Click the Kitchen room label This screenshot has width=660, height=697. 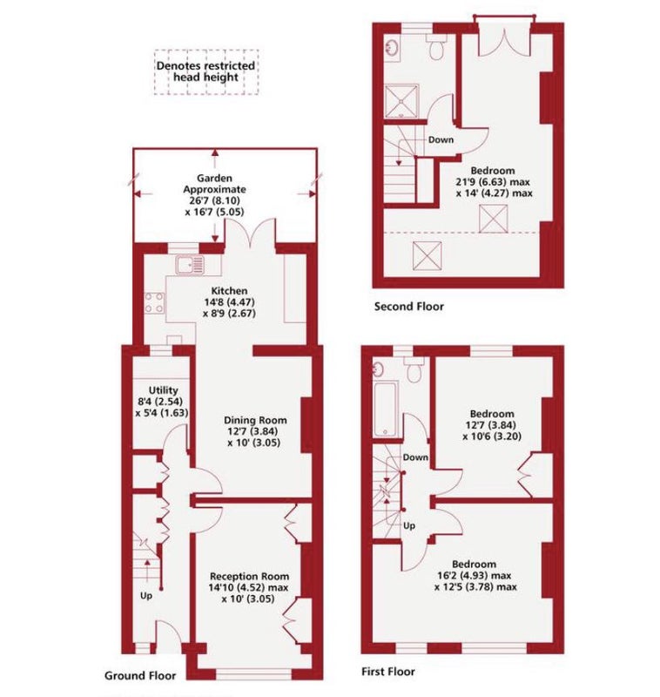click(x=229, y=291)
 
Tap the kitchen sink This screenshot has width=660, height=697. click(x=190, y=265)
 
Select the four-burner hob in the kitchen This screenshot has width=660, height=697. click(x=154, y=302)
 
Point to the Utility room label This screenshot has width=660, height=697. click(x=163, y=390)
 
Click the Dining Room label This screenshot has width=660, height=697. click(x=255, y=420)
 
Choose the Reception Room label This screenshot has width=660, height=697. click(x=249, y=576)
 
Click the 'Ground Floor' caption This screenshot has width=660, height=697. click(x=140, y=676)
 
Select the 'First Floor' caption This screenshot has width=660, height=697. click(x=387, y=671)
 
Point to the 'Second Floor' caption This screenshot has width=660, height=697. click(x=409, y=307)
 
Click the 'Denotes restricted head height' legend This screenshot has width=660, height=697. click(x=206, y=71)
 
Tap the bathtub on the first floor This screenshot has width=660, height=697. click(x=385, y=408)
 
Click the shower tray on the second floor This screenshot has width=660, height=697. click(x=401, y=101)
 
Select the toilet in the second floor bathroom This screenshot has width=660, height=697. click(x=436, y=47)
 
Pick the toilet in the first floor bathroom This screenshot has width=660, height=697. click(x=414, y=369)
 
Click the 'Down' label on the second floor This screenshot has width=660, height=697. click(x=441, y=139)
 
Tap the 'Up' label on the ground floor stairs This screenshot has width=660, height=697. click(x=146, y=596)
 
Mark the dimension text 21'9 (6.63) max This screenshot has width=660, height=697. click(x=493, y=182)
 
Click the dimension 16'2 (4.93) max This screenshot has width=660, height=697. click(x=475, y=575)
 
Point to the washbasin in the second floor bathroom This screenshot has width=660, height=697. click(x=392, y=47)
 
